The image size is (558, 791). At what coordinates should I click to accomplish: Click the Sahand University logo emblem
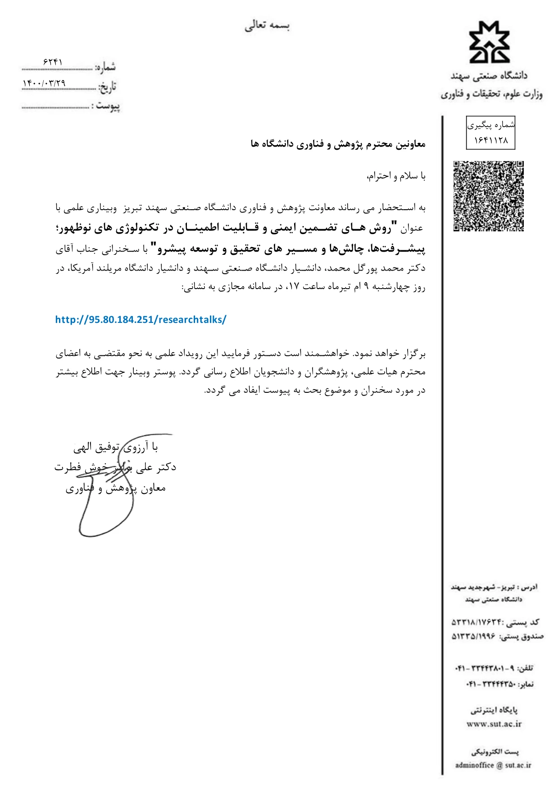coord(490,42)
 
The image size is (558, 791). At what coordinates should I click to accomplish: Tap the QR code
coord(488,196)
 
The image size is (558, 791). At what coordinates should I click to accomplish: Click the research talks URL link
coord(141,320)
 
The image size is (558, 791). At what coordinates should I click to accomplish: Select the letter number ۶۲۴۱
coord(53,62)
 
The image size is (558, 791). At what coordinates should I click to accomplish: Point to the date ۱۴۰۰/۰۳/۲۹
coord(44,83)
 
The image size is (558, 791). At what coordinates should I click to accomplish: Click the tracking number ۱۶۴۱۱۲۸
coord(490,141)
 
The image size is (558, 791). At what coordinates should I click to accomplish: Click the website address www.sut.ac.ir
coord(494,724)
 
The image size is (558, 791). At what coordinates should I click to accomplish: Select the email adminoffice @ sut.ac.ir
coord(493,765)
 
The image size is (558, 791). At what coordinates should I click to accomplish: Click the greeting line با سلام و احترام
coord(396,176)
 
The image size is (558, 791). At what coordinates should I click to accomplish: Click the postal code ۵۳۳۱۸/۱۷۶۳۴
coord(476,622)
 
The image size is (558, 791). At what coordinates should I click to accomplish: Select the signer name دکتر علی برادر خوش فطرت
coord(115,467)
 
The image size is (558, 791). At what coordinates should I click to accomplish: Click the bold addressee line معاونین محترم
coord(338,144)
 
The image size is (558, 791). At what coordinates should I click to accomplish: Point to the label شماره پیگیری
coord(490,125)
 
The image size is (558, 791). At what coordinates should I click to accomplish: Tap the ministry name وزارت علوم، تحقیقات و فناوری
coord(491,94)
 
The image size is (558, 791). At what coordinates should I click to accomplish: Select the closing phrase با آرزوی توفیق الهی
coord(116,447)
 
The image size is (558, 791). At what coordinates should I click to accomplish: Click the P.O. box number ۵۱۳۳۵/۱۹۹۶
coord(473,636)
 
